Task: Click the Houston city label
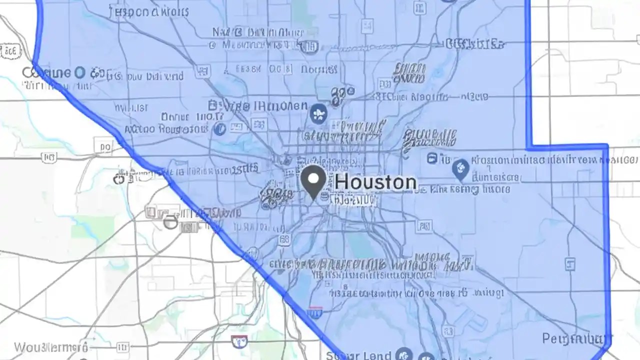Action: coord(375,182)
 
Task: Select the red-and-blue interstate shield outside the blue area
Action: coord(240,341)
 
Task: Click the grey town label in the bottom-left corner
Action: coord(51,347)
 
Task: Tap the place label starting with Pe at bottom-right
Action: coord(575,339)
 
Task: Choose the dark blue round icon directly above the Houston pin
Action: coord(318,114)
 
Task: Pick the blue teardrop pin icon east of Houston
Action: coord(460,170)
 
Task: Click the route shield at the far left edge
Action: coord(10,50)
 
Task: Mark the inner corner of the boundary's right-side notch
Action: coord(529,147)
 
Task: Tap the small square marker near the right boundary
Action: coord(569,263)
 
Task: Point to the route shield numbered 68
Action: coord(284,239)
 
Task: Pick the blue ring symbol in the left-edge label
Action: coord(79,73)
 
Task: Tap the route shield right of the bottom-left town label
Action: coord(121,346)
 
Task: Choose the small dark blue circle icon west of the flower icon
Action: coord(219,129)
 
